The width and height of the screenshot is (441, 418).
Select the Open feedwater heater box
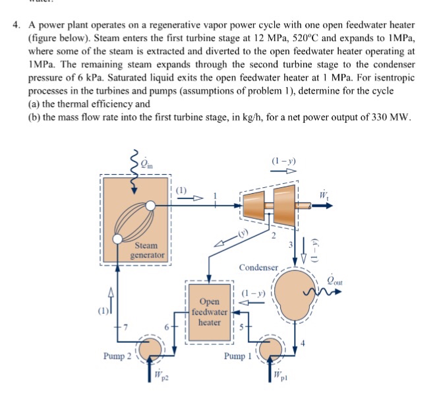click(210, 311)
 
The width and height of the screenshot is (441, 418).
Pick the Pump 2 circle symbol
click(153, 348)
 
